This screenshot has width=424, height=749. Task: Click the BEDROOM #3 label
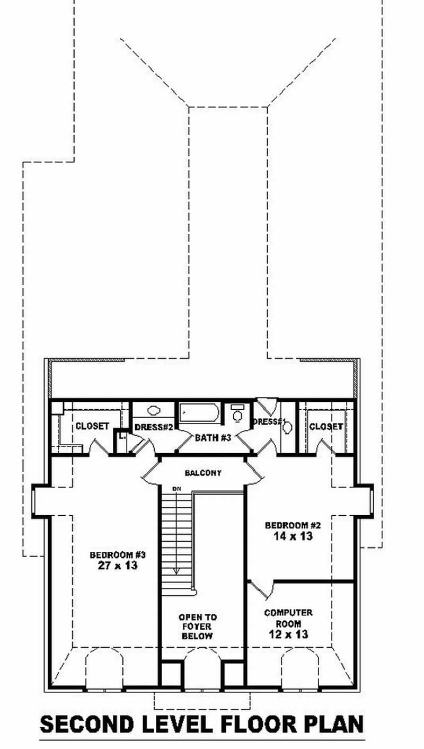[117, 555]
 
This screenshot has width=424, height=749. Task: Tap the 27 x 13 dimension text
[117, 566]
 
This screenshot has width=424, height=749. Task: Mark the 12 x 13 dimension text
[288, 634]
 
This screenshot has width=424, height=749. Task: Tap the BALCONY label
[203, 472]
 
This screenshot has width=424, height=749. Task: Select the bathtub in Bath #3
[198, 413]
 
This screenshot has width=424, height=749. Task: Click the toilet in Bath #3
[237, 413]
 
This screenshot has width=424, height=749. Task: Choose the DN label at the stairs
[174, 488]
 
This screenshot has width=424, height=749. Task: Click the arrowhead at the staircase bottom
[176, 571]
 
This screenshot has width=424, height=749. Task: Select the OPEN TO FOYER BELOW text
[198, 627]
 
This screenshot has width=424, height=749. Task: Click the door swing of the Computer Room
[261, 589]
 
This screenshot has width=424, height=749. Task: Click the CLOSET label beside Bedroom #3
[92, 426]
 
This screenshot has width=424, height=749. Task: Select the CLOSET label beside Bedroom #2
[326, 426]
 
